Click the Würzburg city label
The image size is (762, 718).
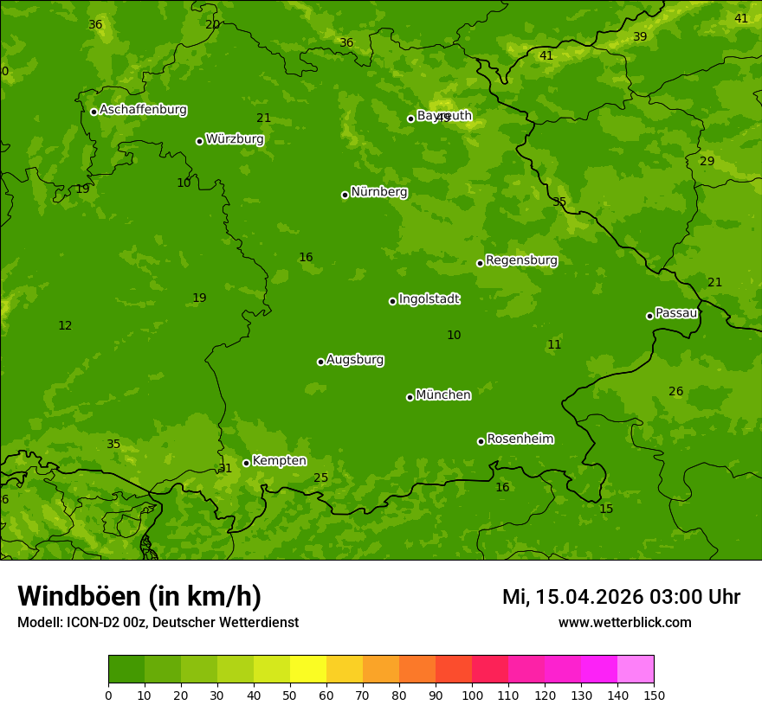pyautogui.click(x=235, y=139)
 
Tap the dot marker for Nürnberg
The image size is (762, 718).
pyautogui.click(x=345, y=195)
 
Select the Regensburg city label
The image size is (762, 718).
pyautogui.click(x=521, y=260)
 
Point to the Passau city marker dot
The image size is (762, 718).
pyautogui.click(x=649, y=316)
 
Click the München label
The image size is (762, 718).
pyautogui.click(x=443, y=395)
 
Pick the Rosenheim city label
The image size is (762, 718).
pyautogui.click(x=520, y=439)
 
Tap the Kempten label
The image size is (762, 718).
pyautogui.click(x=279, y=461)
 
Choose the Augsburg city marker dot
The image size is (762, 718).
pyautogui.click(x=320, y=362)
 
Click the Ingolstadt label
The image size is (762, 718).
pyautogui.click(x=429, y=299)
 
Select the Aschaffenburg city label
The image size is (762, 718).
pyautogui.click(x=143, y=110)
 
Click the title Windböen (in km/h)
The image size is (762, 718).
pyautogui.click(x=139, y=596)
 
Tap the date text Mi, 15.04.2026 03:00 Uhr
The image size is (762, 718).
pyautogui.click(x=621, y=597)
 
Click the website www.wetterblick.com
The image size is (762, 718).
pyautogui.click(x=624, y=622)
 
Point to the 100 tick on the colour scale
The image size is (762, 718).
pyautogui.click(x=472, y=695)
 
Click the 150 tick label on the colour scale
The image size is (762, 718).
pyautogui.click(x=654, y=695)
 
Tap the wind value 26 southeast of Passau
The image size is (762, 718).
pyautogui.click(x=675, y=392)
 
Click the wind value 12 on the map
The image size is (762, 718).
pyautogui.click(x=65, y=326)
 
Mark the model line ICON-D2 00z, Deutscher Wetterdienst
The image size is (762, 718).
pyautogui.click(x=158, y=622)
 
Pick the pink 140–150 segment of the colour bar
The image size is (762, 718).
pyautogui.click(x=636, y=670)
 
